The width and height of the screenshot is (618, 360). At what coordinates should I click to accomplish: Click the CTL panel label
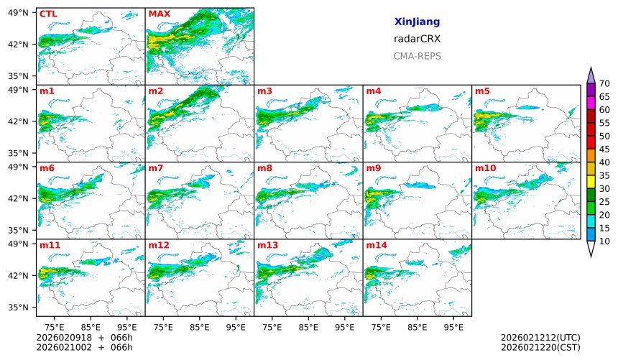48,14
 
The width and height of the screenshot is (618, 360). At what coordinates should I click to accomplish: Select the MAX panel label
159,14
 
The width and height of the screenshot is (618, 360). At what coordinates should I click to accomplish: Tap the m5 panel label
482,91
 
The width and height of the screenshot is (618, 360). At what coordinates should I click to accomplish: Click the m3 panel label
264,91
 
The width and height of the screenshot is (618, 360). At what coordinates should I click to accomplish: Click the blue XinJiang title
417,22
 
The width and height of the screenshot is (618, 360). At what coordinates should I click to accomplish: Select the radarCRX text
417,39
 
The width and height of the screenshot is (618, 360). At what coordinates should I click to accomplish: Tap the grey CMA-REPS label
417,56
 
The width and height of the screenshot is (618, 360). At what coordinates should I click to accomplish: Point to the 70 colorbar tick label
604,84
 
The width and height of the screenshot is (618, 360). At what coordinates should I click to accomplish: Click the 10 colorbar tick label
604,241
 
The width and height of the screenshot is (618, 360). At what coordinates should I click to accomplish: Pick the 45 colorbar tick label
604,149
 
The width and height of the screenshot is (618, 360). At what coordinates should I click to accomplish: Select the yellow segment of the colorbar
591,182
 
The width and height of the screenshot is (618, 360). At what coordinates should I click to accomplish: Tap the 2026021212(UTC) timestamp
540,337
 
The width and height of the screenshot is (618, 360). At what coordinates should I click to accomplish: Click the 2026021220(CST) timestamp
540,347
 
